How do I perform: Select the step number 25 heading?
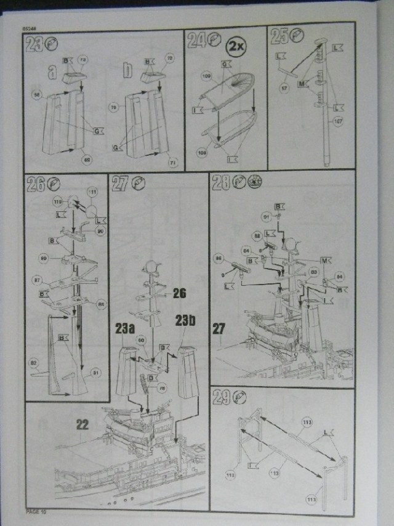click(x=279, y=38)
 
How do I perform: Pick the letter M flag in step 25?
click(x=301, y=83)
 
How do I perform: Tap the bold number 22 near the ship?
click(x=82, y=423)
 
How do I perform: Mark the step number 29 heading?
click(x=221, y=398)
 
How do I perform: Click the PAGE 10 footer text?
click(x=36, y=511)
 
